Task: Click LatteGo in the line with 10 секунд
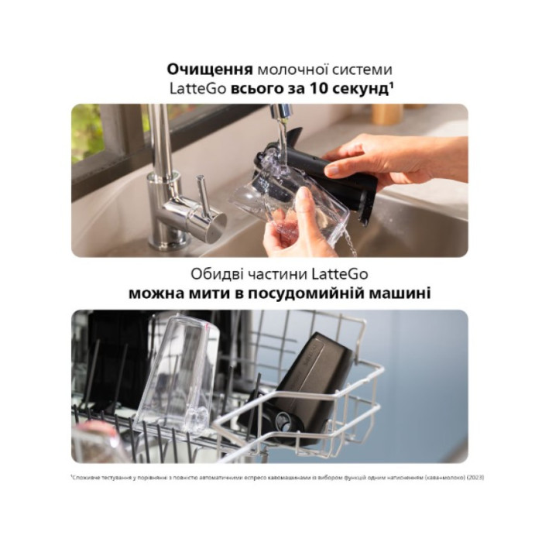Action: click(x=197, y=89)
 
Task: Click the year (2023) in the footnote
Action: click(x=475, y=477)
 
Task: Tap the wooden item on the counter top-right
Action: click(x=386, y=114)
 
